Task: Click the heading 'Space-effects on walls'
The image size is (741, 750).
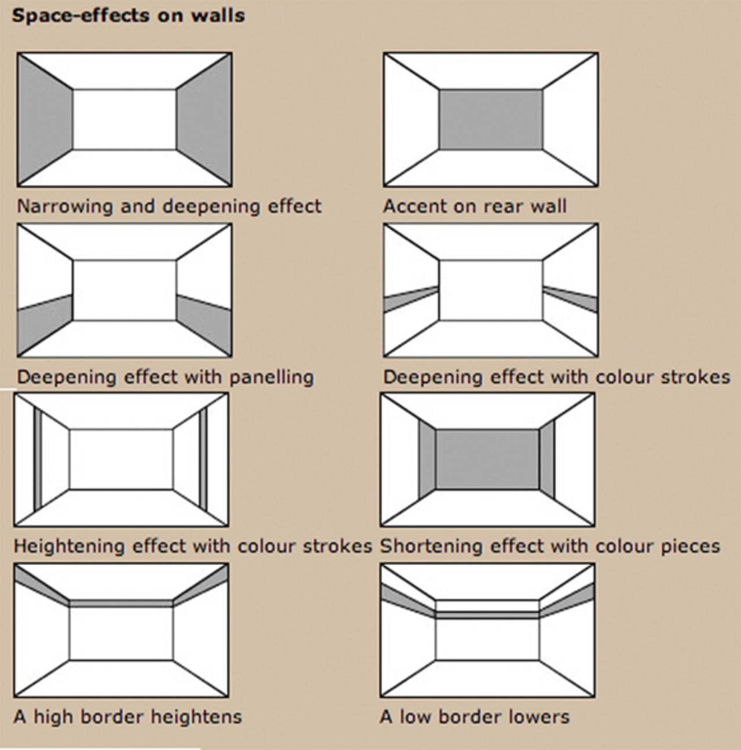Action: (128, 16)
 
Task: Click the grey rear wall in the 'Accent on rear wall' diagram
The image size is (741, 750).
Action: (491, 119)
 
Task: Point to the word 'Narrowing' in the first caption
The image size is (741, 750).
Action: (64, 206)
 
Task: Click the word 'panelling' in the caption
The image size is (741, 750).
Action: (272, 377)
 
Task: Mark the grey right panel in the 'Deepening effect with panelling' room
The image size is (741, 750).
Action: (204, 324)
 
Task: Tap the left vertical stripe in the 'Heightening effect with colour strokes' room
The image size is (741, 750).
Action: (38, 460)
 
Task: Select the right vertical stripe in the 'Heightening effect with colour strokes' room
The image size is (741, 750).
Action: (203, 460)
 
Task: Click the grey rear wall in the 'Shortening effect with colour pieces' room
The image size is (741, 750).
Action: (487, 460)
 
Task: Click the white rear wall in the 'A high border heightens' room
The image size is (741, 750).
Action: (121, 634)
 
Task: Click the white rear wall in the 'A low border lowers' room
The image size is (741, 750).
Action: (487, 639)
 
